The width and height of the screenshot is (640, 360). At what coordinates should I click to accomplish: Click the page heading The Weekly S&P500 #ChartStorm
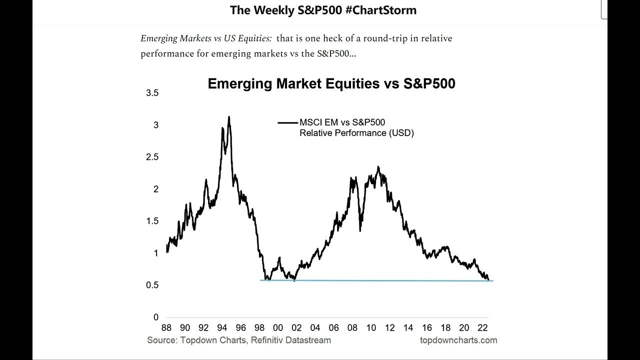pyautogui.click(x=323, y=10)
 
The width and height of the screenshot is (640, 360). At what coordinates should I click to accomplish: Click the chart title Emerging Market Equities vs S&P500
pyautogui.click(x=331, y=83)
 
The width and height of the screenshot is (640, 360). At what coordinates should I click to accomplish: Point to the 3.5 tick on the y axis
pyautogui.click(x=152, y=93)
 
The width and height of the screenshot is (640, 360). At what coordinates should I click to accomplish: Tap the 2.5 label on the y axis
pyautogui.click(x=152, y=157)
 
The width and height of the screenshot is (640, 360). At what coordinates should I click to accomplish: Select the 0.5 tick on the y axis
pyautogui.click(x=152, y=285)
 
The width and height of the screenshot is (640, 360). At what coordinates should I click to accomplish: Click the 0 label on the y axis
pyautogui.click(x=155, y=317)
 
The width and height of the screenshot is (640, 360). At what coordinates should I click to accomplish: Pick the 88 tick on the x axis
pyautogui.click(x=166, y=327)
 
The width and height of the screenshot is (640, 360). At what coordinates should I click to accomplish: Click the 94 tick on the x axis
pyautogui.click(x=222, y=327)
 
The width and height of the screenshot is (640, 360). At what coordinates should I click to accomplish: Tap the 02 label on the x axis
pyautogui.click(x=296, y=327)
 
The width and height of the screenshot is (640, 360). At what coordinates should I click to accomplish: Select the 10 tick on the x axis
pyautogui.click(x=371, y=327)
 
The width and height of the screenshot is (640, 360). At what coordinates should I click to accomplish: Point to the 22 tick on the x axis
pyautogui.click(x=482, y=327)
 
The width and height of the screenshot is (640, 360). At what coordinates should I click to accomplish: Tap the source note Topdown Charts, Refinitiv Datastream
pyautogui.click(x=239, y=340)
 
